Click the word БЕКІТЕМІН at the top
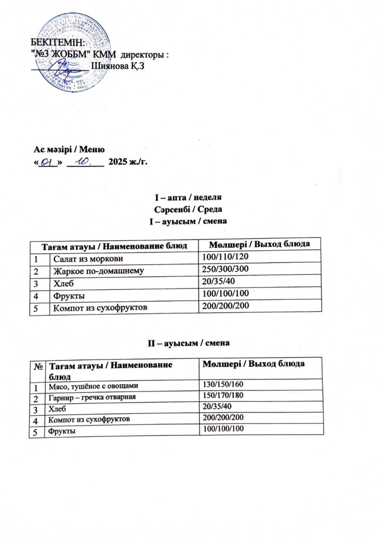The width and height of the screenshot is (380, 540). click(x=53, y=42)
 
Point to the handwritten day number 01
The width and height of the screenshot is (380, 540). click(x=47, y=162)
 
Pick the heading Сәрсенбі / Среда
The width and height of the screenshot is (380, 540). click(x=189, y=210)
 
